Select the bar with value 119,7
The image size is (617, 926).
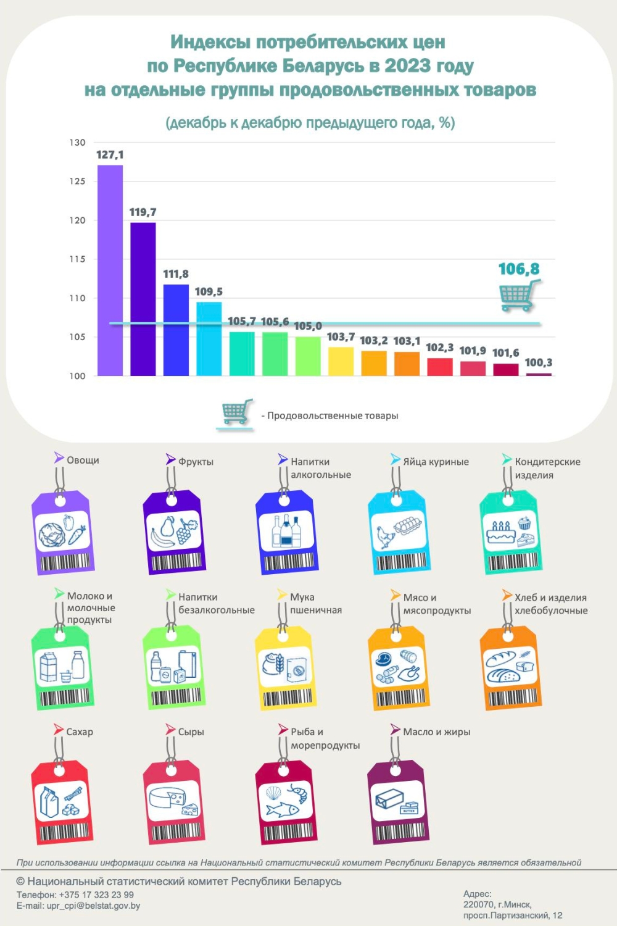[143, 299]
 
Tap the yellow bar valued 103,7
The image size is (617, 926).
[341, 362]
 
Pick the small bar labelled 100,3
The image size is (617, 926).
[539, 374]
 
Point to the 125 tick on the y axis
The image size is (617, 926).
[77, 181]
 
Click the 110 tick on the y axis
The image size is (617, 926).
[77, 298]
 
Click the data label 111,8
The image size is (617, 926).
[176, 274]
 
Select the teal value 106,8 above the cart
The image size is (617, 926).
[519, 269]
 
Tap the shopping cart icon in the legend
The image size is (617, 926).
[236, 412]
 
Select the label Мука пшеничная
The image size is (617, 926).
[315, 604]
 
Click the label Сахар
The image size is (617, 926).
[80, 732]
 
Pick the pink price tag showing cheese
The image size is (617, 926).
[175, 803]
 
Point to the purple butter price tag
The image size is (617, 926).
[399, 803]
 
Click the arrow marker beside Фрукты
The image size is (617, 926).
[171, 459]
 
